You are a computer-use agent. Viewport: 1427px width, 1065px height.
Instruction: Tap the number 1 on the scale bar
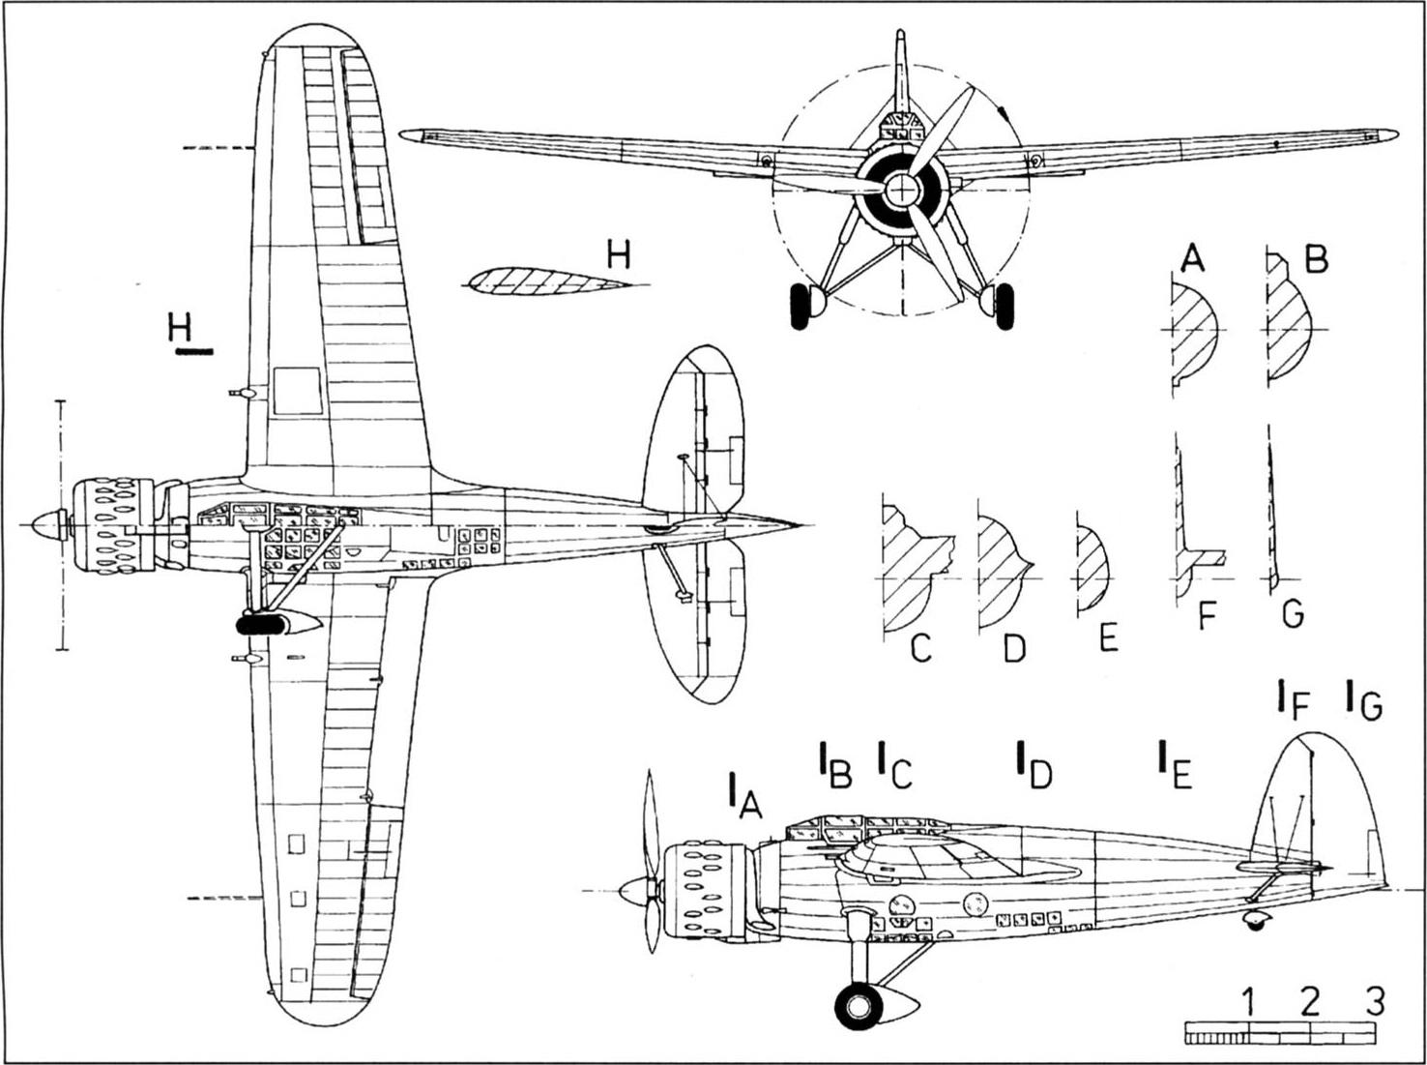tap(1248, 1002)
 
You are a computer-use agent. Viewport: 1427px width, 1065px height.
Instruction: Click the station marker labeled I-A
tap(744, 797)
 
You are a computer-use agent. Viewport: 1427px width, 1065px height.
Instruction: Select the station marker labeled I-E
tap(1175, 766)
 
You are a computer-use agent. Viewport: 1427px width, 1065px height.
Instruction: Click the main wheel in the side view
tap(859, 1007)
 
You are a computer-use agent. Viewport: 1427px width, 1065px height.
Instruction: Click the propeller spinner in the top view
tap(46, 524)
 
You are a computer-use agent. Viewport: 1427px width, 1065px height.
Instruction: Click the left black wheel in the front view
tap(799, 307)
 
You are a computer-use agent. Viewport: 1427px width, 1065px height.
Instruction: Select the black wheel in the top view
tap(262, 625)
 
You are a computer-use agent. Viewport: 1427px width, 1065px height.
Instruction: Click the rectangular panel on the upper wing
tap(298, 391)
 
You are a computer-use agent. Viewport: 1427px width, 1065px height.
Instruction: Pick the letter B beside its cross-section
tap(1316, 260)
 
